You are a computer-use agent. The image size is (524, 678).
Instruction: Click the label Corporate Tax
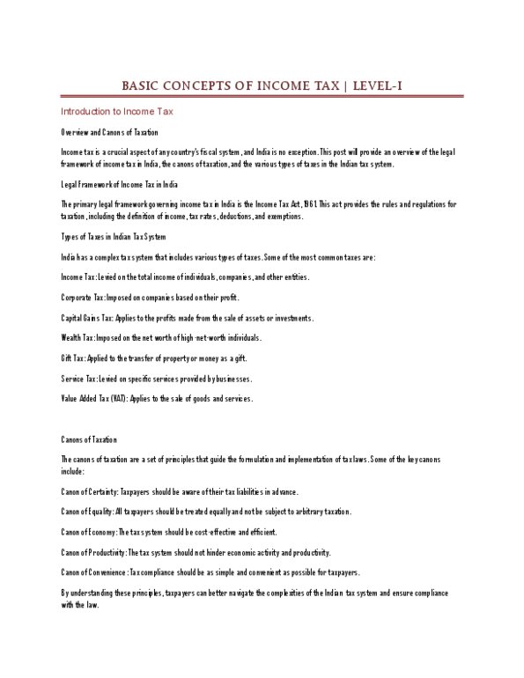coord(81,297)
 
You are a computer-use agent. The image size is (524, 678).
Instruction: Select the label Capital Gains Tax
coord(86,317)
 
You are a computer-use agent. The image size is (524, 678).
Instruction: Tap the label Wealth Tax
coord(76,337)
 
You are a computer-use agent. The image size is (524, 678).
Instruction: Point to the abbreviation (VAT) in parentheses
coord(119,398)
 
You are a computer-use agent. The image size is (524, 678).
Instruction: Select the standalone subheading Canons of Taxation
coord(89,438)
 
